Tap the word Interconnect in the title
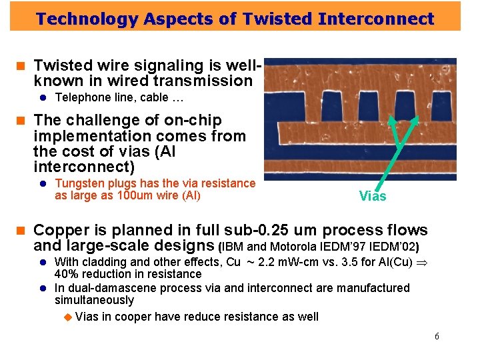coord(376,19)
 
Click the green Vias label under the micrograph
coord(372,196)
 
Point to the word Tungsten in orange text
coord(78,183)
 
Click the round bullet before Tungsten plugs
coord(41,183)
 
